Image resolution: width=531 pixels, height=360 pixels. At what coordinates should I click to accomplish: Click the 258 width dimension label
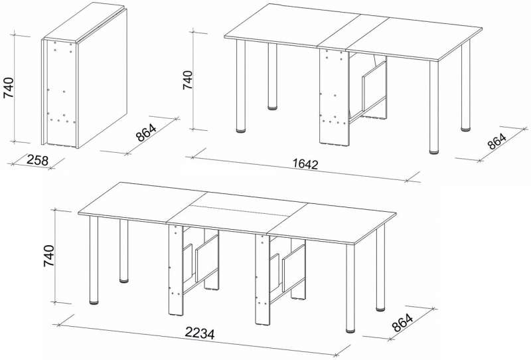pyautogui.click(x=37, y=160)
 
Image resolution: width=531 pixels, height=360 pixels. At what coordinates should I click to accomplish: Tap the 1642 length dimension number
pyautogui.click(x=305, y=164)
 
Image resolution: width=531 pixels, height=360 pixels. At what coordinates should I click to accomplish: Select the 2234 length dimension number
pyautogui.click(x=200, y=333)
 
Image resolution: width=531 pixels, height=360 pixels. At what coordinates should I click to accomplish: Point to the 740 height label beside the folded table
pyautogui.click(x=9, y=88)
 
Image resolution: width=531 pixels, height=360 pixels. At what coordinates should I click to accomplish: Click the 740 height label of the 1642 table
pyautogui.click(x=188, y=80)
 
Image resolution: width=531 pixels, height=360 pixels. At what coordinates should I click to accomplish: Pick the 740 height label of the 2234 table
pyautogui.click(x=48, y=256)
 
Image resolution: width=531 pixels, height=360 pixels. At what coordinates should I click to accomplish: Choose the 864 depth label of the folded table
pyautogui.click(x=146, y=133)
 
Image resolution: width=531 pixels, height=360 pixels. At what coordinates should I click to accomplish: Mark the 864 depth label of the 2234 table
pyautogui.click(x=403, y=323)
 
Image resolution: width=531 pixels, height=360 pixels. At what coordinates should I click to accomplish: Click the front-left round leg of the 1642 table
pyautogui.click(x=241, y=86)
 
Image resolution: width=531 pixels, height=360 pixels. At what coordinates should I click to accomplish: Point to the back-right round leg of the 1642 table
pyautogui.click(x=466, y=86)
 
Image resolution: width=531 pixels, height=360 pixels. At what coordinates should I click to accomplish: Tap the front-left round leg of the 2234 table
pyautogui.click(x=94, y=260)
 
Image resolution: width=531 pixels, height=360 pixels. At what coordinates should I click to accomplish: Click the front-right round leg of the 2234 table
pyautogui.click(x=350, y=288)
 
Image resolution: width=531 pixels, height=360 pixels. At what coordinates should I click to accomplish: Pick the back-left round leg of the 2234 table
pyautogui.click(x=124, y=251)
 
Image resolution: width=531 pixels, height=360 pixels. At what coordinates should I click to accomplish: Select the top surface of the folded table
pyautogui.click(x=85, y=23)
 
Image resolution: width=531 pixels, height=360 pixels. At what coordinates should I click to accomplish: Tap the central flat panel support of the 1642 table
pyautogui.click(x=334, y=97)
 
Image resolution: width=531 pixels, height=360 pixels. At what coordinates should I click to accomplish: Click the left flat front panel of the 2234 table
pyautogui.click(x=176, y=270)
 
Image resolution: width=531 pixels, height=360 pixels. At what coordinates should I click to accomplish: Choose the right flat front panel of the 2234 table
pyautogui.click(x=263, y=280)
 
